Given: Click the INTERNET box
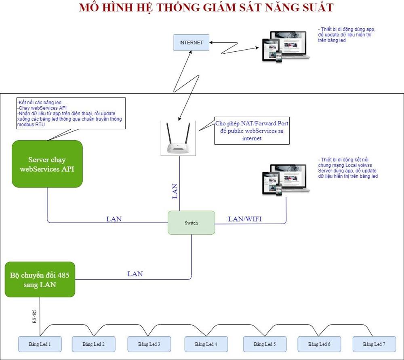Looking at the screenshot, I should (x=191, y=42).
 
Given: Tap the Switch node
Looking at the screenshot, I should (x=191, y=223).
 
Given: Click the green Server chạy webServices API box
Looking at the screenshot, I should (x=47, y=164).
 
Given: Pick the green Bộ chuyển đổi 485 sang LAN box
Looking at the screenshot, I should (x=40, y=280).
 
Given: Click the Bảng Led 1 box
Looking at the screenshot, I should (x=40, y=344).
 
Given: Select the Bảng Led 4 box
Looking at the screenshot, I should (x=206, y=344).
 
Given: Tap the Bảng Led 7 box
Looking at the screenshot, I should (x=374, y=344).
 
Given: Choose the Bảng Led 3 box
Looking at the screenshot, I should (x=149, y=344).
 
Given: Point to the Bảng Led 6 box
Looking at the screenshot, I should (x=319, y=344).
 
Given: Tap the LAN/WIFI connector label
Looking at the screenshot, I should (x=245, y=219).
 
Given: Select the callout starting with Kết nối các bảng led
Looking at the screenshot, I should (x=69, y=114).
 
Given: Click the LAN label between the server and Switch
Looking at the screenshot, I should (x=114, y=219).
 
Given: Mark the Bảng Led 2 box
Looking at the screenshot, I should (x=93, y=344).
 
